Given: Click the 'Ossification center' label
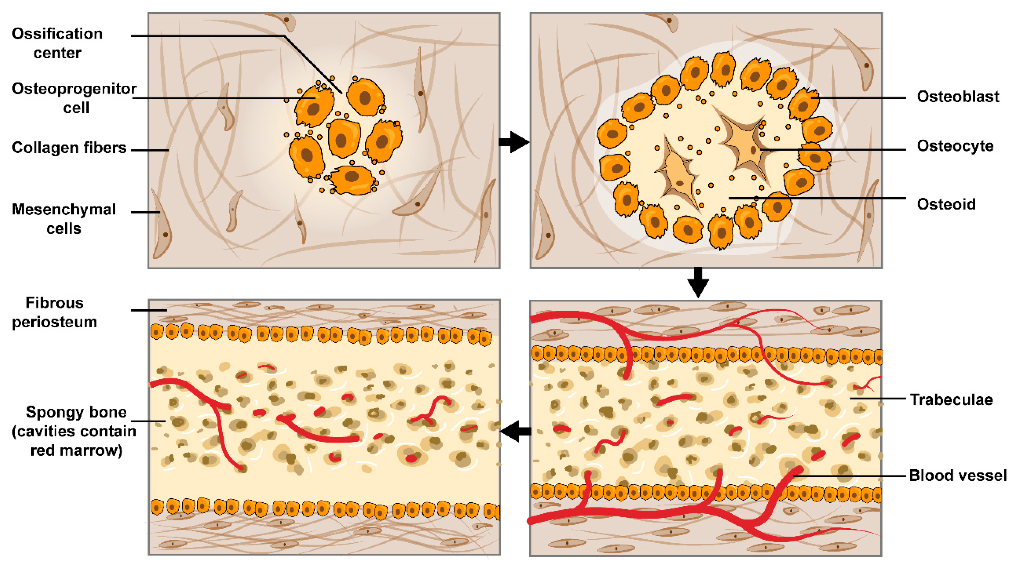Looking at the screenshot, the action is (x=57, y=43).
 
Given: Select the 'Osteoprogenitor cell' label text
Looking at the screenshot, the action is (x=74, y=98).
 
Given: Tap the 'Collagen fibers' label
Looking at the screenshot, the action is (x=69, y=148).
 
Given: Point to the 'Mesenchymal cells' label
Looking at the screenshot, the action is (x=64, y=219).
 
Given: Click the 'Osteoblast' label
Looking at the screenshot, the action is (x=957, y=97).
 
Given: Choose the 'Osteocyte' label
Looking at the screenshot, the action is (x=955, y=146).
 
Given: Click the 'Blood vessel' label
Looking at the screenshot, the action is (x=957, y=475).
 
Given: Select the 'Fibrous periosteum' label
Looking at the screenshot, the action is (x=55, y=312).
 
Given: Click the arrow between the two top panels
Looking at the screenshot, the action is (x=513, y=142).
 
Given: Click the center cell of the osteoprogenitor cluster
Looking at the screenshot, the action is (x=344, y=138).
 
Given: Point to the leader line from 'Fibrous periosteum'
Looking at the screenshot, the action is (x=149, y=310).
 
